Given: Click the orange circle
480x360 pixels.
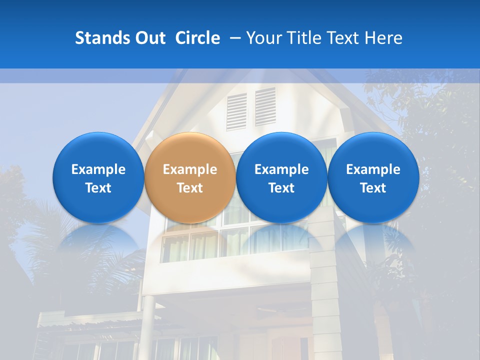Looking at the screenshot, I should [190, 177].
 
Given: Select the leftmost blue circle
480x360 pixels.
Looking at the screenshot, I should [98, 177].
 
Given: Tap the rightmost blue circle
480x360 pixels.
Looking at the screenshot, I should [373, 177].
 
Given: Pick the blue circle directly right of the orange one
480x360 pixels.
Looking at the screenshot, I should [281, 177].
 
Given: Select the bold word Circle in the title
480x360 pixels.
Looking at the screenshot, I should [197, 38].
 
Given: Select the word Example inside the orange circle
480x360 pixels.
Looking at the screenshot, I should [190, 169].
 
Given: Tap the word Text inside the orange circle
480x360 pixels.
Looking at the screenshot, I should [190, 188].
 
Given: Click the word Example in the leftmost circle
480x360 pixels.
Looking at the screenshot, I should [98, 169].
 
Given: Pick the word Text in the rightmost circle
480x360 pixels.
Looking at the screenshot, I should [373, 188].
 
